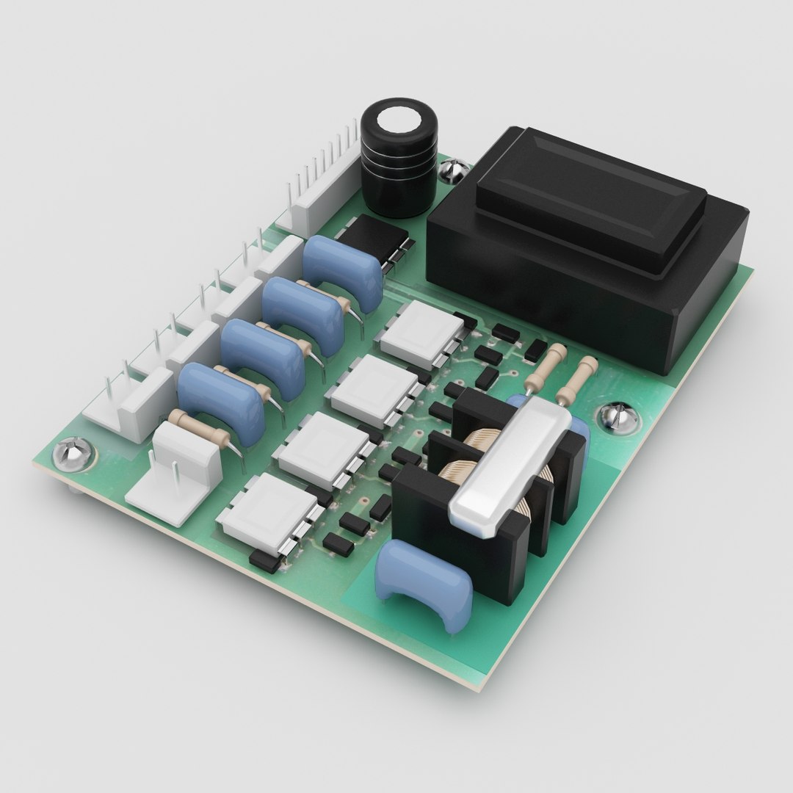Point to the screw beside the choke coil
(617, 417)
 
